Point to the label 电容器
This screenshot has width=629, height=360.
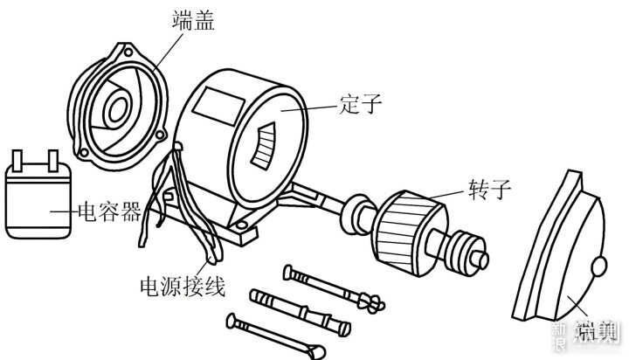[x=109, y=211]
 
